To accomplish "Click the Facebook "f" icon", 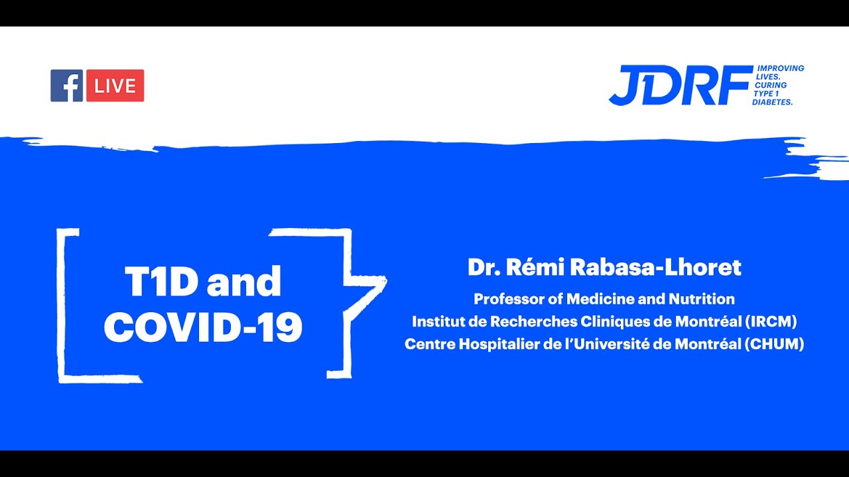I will click(66, 85).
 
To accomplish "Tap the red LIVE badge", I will click(115, 85).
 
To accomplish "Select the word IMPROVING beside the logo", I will click(781, 68).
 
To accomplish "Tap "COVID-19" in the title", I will click(203, 327).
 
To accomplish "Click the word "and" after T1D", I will click(244, 282).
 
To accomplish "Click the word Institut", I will click(435, 322).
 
